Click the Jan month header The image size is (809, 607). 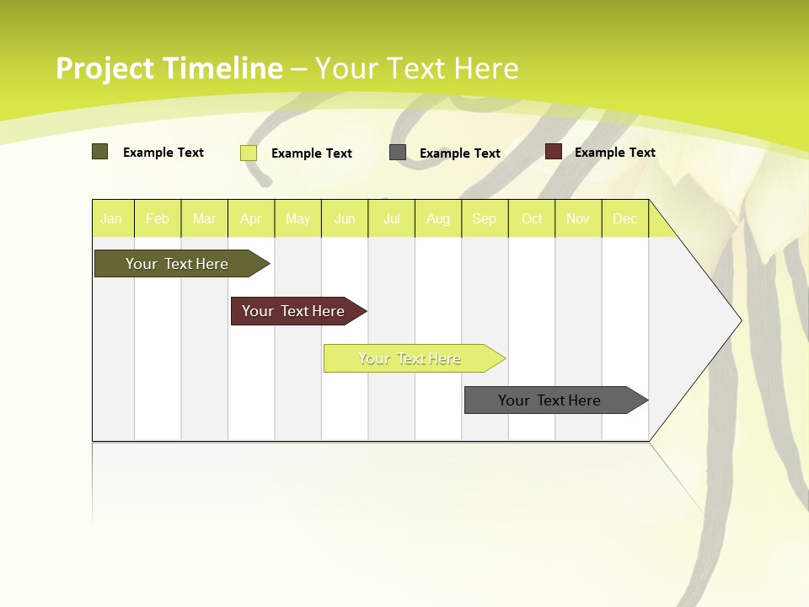111,219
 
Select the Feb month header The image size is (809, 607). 158,219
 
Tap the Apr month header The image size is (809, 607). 251,219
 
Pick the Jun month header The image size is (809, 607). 345,219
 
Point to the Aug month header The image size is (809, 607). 438,219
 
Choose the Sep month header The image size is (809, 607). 485,219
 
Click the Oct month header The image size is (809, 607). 532,219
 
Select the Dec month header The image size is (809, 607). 625,219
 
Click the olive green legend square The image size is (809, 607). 99,152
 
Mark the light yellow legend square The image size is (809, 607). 249,153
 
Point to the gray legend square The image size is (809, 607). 398,152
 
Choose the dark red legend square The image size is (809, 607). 554,152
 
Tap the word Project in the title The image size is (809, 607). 105,68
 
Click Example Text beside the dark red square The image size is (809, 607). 615,153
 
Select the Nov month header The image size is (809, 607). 578,219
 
